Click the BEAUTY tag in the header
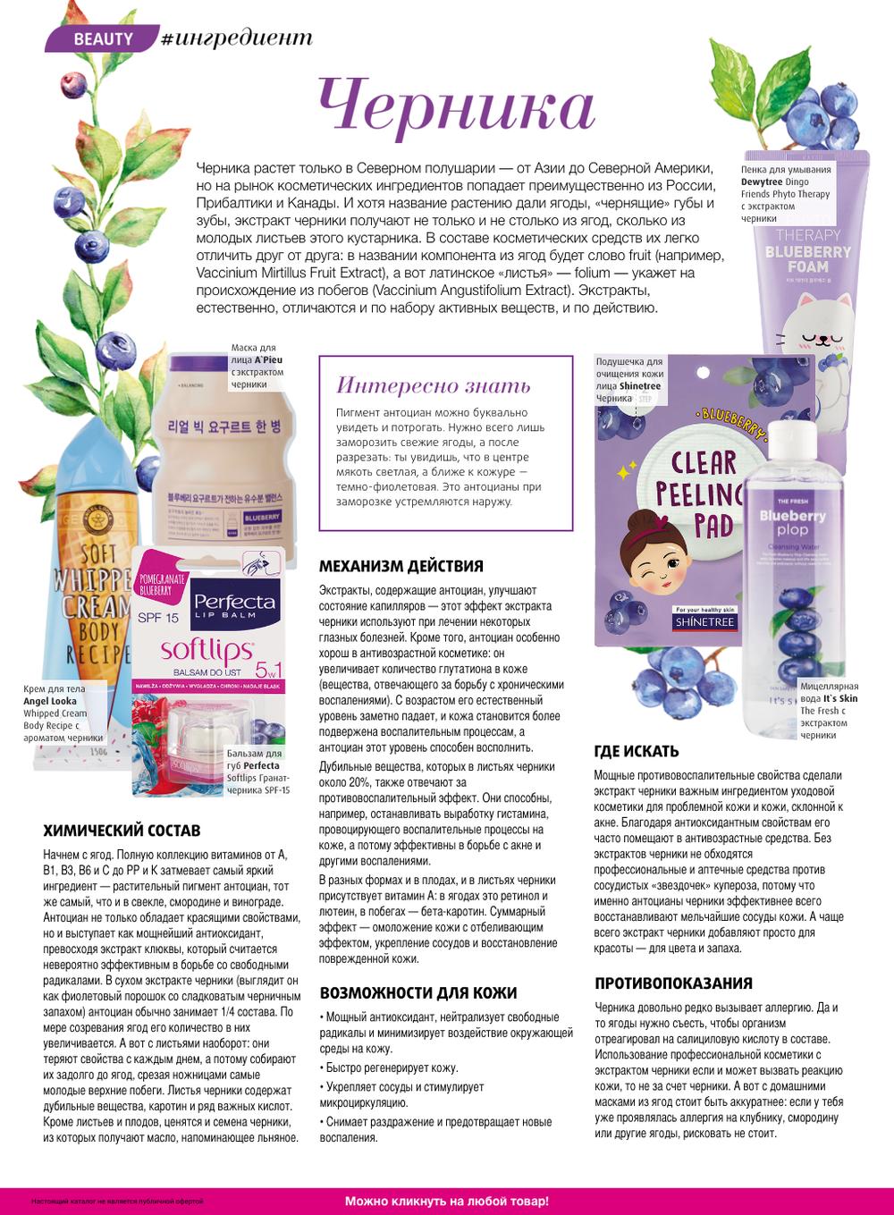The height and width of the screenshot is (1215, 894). pyautogui.click(x=103, y=38)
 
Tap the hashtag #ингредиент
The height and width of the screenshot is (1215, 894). pyautogui.click(x=236, y=38)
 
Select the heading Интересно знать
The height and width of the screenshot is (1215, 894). pyautogui.click(x=433, y=385)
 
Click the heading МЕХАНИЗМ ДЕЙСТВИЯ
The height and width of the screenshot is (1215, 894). pyautogui.click(x=401, y=566)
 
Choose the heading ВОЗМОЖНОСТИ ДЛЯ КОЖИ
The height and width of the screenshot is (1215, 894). pyautogui.click(x=418, y=993)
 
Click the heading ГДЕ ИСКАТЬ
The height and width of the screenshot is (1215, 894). pyautogui.click(x=637, y=751)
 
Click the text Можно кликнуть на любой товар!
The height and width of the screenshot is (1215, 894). pyautogui.click(x=446, y=1202)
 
